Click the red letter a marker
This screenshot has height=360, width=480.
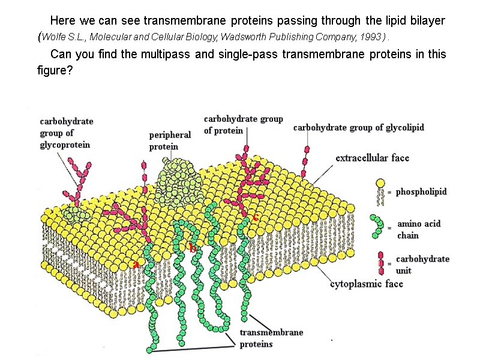136,264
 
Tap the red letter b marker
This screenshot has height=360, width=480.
193,247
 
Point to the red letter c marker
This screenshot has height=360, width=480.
256,217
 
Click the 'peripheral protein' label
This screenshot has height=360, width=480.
170,141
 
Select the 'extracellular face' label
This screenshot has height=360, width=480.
372,158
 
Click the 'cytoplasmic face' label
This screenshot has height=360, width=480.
367,284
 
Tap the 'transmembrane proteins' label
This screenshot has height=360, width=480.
271,338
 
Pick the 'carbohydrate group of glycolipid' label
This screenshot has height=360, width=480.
358,128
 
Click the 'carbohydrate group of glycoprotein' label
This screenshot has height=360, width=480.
67,133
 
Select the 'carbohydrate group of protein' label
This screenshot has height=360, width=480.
243,125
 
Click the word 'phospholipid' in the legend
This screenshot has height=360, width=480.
421,192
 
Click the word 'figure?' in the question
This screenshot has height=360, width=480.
55,71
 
